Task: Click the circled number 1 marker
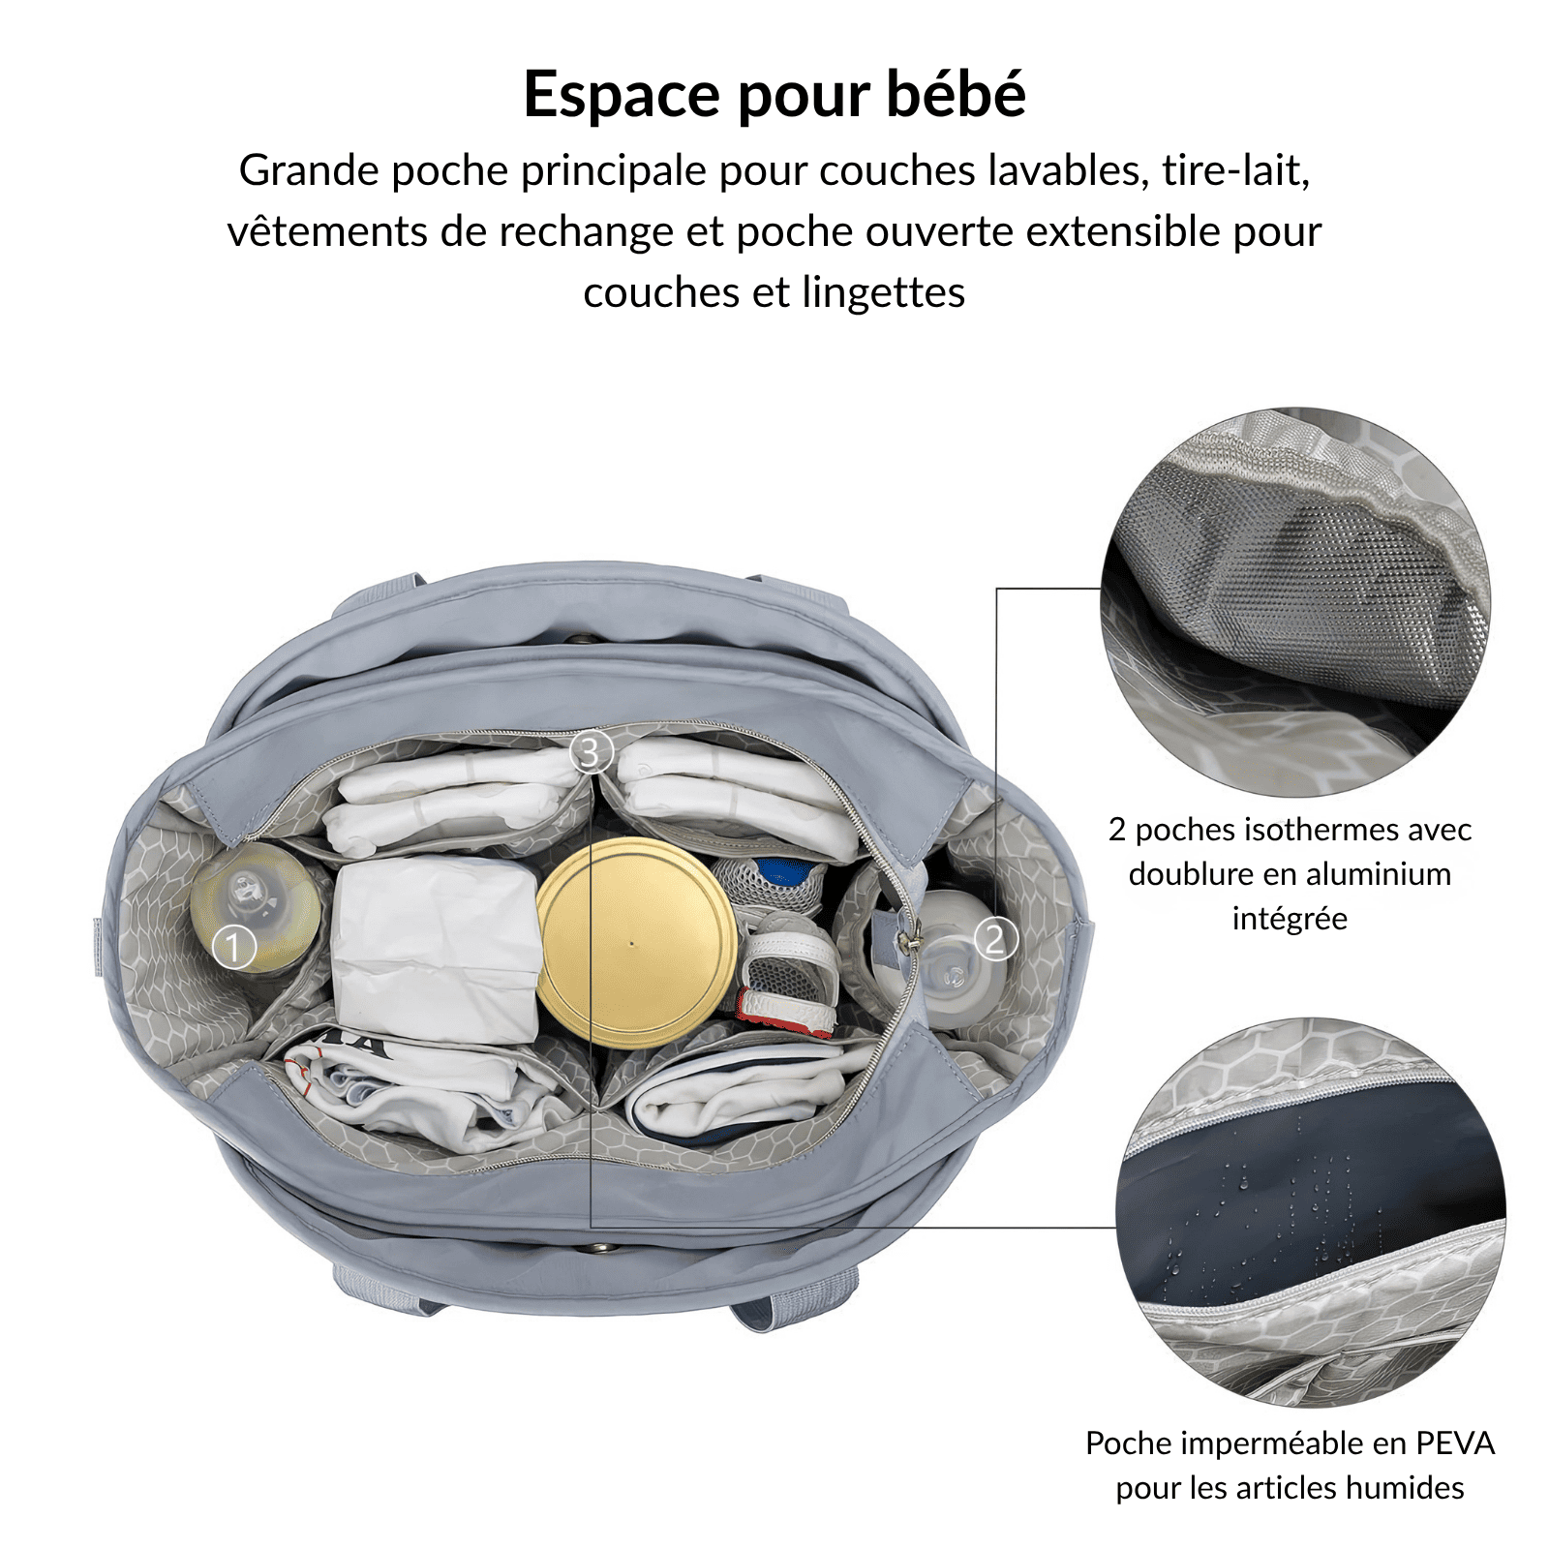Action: (x=233, y=946)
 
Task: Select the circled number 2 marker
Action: (x=995, y=939)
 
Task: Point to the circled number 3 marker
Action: (x=591, y=751)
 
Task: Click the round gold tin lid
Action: (x=636, y=942)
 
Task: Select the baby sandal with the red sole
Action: (x=789, y=978)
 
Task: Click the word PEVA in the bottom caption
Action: (x=1455, y=1443)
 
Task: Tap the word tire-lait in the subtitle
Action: (x=1235, y=171)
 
